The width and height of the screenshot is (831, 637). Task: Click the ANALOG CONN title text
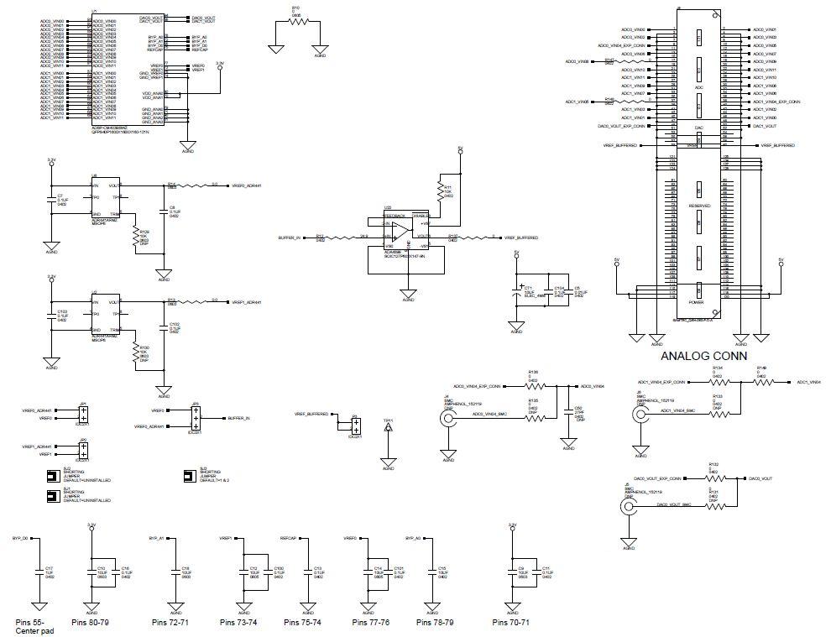[704, 356]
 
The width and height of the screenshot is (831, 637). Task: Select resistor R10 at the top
[298, 23]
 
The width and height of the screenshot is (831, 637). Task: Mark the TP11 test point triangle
[388, 428]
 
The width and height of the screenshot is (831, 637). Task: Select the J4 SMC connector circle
[446, 419]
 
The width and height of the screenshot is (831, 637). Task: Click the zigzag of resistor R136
[535, 386]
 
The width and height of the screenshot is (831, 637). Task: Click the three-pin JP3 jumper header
[195, 417]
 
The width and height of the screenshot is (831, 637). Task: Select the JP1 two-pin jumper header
[84, 415]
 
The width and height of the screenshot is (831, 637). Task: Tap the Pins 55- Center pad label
[34, 625]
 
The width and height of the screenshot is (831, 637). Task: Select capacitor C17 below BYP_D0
[38, 571]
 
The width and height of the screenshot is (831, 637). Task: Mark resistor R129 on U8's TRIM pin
[135, 238]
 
